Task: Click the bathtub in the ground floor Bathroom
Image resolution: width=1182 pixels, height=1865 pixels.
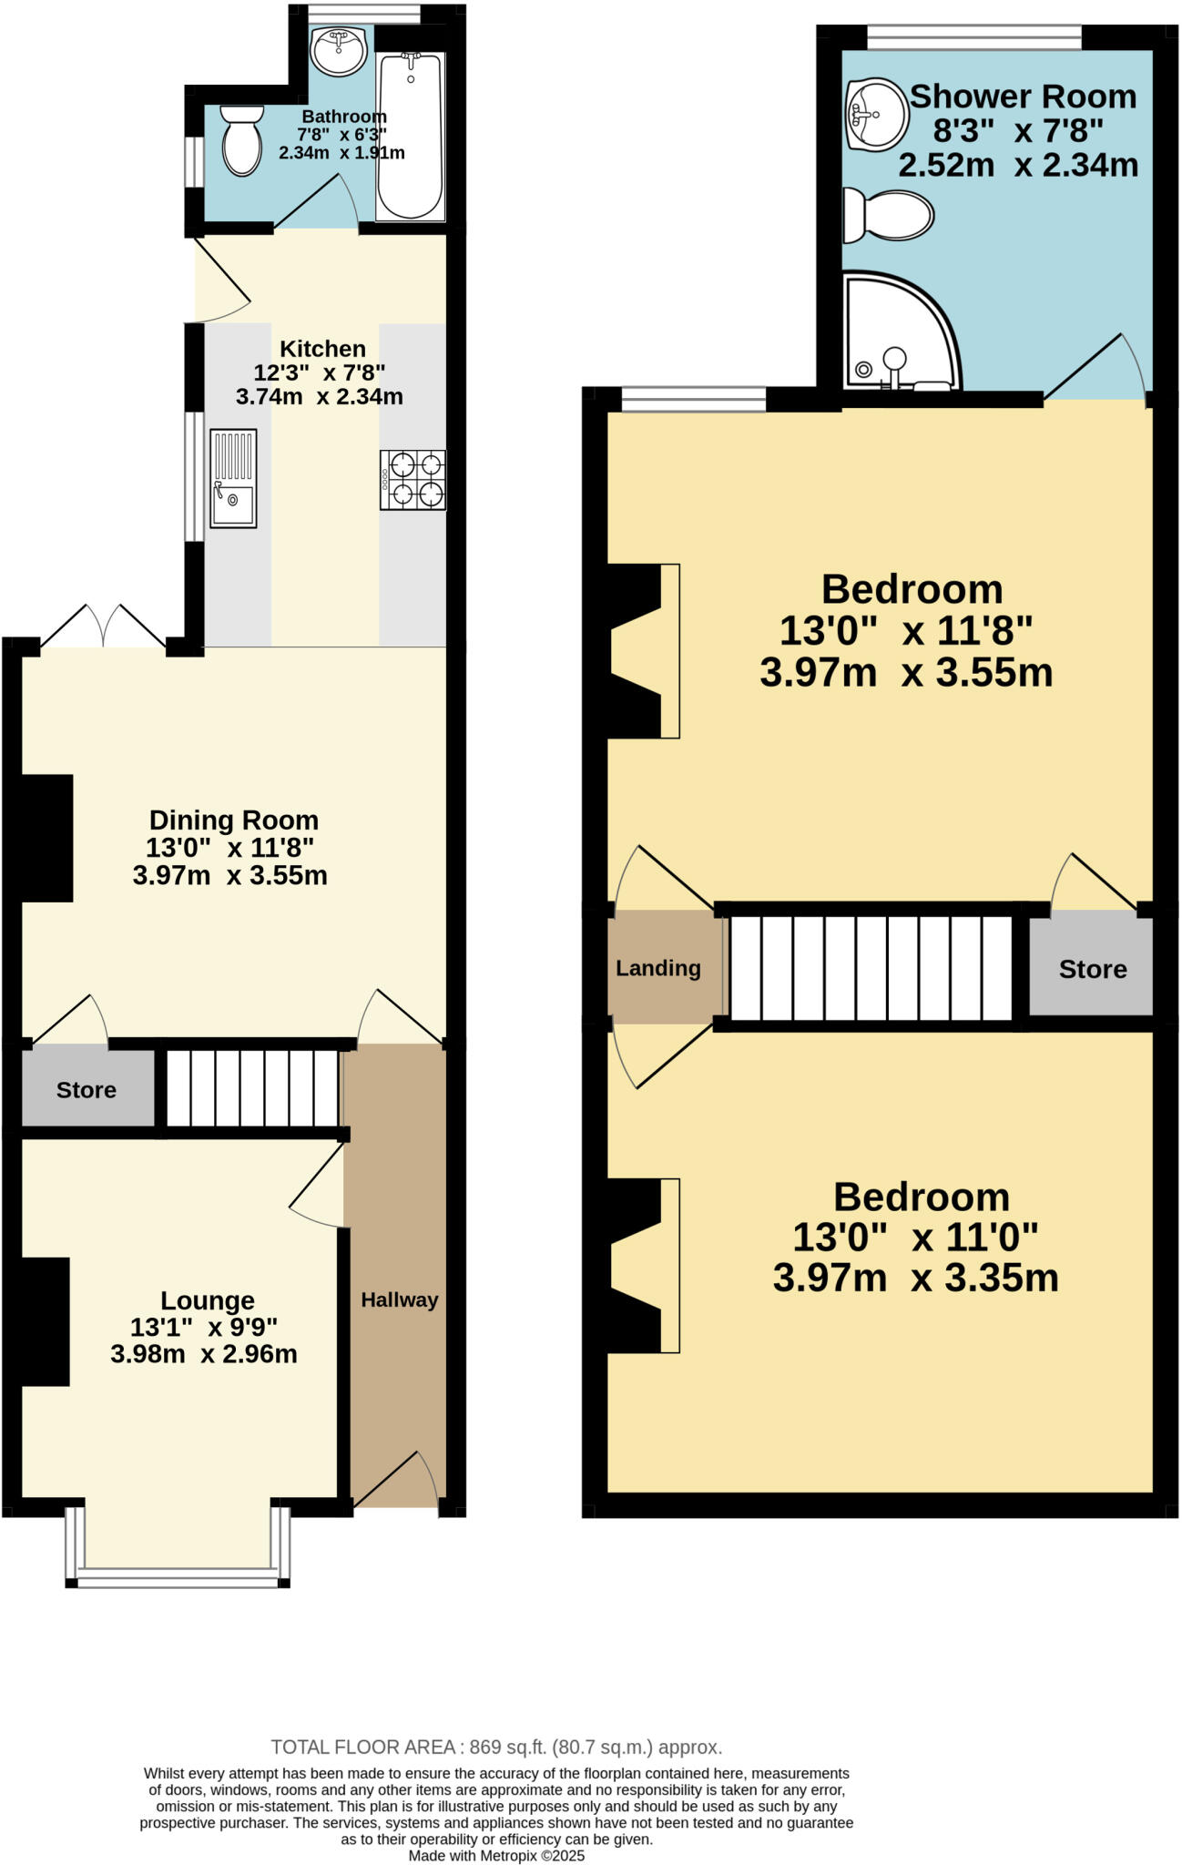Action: pyautogui.click(x=411, y=137)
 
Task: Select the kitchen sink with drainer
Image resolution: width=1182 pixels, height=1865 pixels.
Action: pyautogui.click(x=234, y=478)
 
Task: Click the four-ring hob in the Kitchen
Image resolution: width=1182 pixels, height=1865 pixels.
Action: pyautogui.click(x=413, y=480)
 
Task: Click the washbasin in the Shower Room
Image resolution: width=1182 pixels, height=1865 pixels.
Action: pyautogui.click(x=876, y=113)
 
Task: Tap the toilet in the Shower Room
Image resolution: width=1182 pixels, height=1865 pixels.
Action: pyautogui.click(x=888, y=217)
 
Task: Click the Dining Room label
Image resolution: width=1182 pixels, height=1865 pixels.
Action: pyautogui.click(x=233, y=820)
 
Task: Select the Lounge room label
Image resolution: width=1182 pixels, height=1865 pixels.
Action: pyautogui.click(x=208, y=1300)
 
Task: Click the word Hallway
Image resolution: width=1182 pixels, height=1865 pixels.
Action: pyautogui.click(x=399, y=1299)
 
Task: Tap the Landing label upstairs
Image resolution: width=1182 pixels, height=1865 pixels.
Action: pyautogui.click(x=657, y=968)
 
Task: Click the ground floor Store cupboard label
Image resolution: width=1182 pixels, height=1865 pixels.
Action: pyautogui.click(x=87, y=1090)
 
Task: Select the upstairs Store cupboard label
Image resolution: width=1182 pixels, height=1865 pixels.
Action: pyautogui.click(x=1092, y=969)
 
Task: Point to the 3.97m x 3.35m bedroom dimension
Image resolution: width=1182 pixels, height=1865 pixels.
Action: pyautogui.click(x=915, y=1278)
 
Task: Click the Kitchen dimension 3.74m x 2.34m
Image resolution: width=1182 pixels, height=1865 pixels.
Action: pyautogui.click(x=319, y=397)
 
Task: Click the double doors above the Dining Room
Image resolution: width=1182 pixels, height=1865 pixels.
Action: pyautogui.click(x=103, y=627)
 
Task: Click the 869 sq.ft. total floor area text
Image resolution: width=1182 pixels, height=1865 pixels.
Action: pyautogui.click(x=496, y=1747)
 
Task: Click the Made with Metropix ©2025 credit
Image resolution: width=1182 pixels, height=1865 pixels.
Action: pyautogui.click(x=496, y=1855)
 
